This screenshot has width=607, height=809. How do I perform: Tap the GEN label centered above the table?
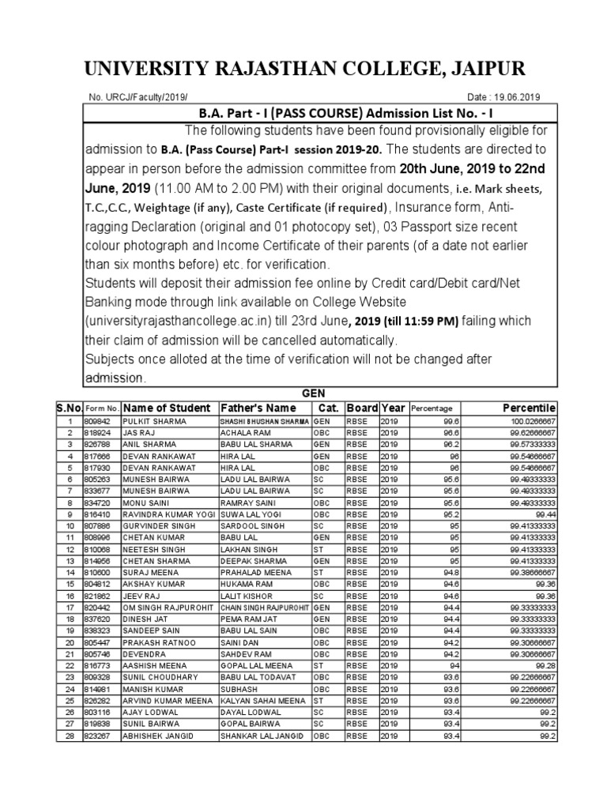[314, 393]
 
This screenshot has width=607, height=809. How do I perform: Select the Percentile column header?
[529, 408]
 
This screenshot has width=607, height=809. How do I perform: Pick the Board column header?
[361, 408]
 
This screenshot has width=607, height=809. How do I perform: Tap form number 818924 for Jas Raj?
[98, 434]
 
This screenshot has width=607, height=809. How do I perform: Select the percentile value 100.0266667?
[531, 422]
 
